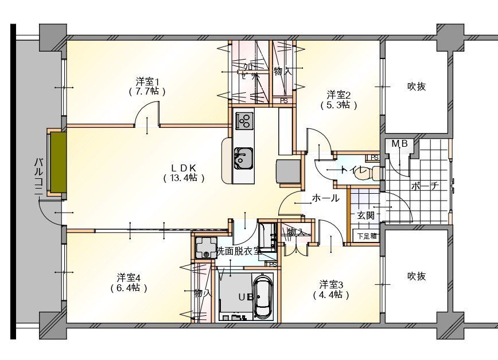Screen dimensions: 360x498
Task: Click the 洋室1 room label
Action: point(147,81)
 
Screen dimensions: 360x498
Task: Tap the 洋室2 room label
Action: point(339,95)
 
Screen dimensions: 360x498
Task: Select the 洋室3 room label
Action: point(331,284)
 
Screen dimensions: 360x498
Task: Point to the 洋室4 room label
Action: point(129,277)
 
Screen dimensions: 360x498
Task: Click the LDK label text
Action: point(184,167)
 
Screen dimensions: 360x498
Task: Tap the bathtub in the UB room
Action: point(263,297)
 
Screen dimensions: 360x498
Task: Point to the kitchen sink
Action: point(244,158)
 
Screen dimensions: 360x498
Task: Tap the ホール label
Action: point(325,198)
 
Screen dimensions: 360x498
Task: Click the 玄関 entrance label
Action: point(365,216)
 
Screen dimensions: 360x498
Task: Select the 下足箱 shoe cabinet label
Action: point(367,236)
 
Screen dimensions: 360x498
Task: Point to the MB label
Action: point(399,144)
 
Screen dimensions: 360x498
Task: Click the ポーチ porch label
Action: point(425,186)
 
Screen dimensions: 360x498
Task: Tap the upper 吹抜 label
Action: point(417,87)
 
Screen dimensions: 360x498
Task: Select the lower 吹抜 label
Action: point(417,276)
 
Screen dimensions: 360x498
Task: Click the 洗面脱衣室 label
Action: point(238,251)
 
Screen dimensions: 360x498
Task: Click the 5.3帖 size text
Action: point(339,105)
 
